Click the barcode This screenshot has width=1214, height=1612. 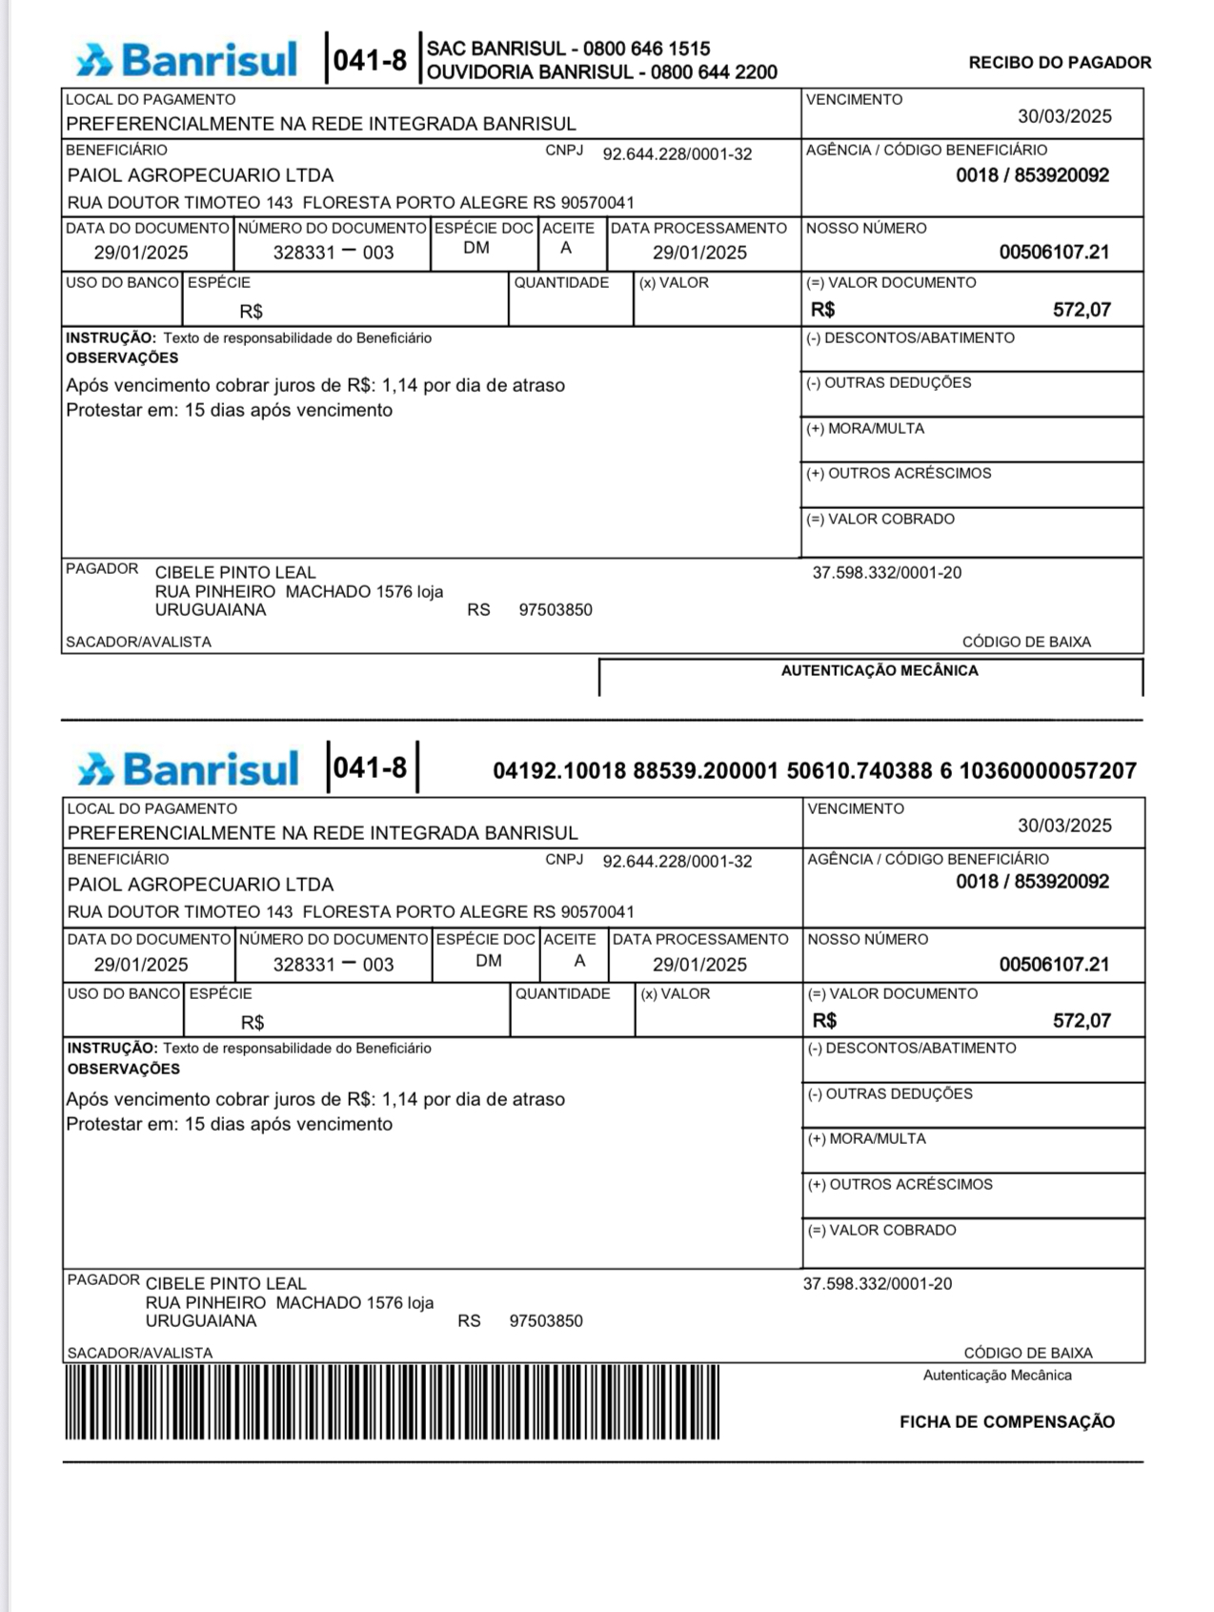392,1401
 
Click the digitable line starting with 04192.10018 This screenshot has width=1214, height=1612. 814,770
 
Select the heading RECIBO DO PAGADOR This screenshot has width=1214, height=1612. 1060,63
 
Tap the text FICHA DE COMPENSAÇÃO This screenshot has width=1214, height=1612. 1006,1421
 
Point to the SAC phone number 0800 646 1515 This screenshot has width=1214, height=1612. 646,49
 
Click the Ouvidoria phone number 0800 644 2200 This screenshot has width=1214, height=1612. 714,72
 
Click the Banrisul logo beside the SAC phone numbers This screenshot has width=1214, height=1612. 187,59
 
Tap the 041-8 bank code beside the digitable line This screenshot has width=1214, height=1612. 370,767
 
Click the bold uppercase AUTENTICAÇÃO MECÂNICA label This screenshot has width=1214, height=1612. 879,670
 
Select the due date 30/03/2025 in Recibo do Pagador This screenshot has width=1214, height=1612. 1064,116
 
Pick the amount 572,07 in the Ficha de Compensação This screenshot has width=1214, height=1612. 1082,1021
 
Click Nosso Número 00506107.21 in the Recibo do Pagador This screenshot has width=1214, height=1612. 1054,253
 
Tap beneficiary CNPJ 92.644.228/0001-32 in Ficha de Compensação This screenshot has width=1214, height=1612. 677,862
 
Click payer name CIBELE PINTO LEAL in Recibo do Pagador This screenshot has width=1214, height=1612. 235,572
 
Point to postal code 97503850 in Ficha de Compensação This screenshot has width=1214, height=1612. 546,1321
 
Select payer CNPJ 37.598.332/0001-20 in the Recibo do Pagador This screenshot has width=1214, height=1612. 886,573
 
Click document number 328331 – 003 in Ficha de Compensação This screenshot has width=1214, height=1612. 334,965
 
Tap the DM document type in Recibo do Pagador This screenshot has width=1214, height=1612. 476,249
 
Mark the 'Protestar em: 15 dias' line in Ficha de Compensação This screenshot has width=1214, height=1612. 229,1124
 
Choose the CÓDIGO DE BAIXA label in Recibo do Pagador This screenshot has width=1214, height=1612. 1026,642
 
